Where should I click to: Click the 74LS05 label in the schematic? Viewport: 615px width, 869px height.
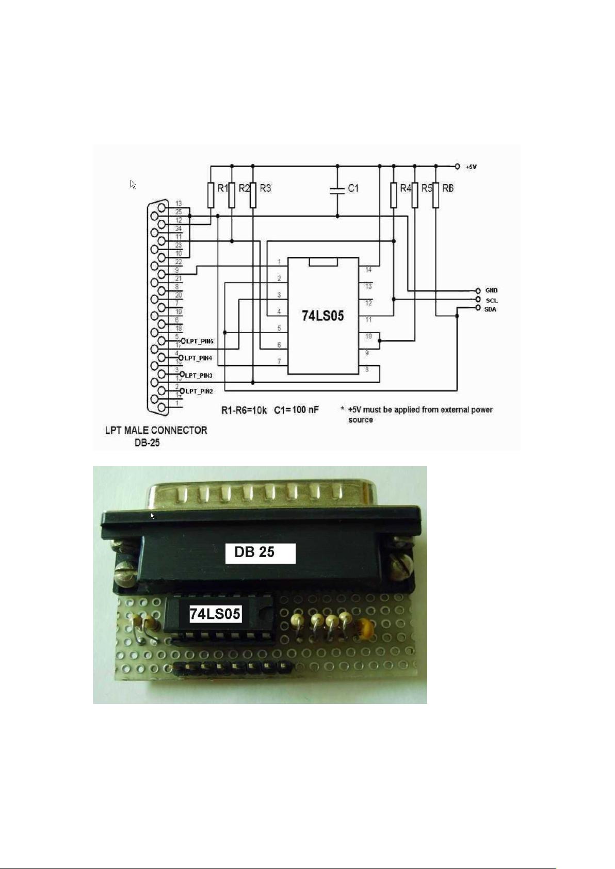322,316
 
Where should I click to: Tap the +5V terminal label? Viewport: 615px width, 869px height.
471,167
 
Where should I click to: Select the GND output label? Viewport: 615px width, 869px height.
491,291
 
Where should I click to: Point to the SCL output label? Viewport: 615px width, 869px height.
491,300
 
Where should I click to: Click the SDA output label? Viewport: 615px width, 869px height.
490,309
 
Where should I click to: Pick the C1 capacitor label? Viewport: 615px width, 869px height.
353,189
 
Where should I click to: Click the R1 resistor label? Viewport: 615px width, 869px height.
222,189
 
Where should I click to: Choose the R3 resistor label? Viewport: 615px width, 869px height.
265,189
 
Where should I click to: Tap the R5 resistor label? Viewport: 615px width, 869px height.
427,189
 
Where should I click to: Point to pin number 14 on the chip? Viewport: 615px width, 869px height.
368,270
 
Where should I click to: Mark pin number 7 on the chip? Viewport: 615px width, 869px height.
279,361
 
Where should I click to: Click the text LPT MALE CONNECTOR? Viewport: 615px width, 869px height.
156,430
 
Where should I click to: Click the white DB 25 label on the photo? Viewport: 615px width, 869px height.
261,553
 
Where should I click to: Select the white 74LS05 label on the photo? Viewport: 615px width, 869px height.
215,614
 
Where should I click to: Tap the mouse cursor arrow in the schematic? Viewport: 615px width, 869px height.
133,184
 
